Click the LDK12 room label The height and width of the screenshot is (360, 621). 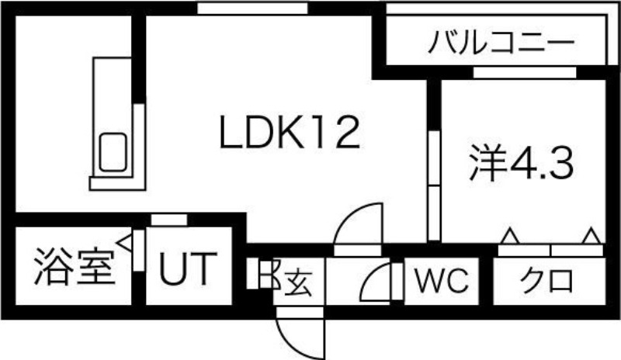coord(290,133)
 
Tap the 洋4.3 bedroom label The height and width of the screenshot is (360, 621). coord(521,162)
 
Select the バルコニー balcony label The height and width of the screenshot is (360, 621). coord(501,42)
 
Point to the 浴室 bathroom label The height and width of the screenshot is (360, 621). coord(75,267)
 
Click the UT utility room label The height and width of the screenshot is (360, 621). coord(188,269)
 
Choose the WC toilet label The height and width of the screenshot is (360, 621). coord(442,280)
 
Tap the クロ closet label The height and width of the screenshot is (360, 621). coord(546,280)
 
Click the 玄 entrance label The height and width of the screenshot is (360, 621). coord(298,283)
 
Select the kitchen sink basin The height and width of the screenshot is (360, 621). coord(113,153)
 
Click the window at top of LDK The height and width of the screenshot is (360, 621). coord(253,9)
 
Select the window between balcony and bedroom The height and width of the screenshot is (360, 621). coord(525,73)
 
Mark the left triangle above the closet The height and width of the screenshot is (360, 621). coord(510,236)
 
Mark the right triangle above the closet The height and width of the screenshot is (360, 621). coord(592,236)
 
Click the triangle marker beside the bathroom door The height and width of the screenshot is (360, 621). coord(124,241)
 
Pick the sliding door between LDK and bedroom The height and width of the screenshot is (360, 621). coord(435,185)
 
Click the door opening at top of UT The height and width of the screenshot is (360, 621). coord(169,220)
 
